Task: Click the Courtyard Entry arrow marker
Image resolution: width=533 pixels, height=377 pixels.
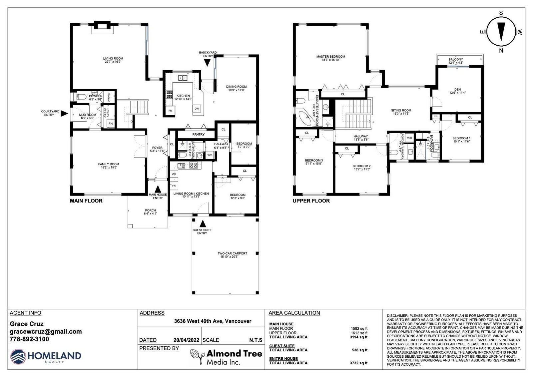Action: click(64, 114)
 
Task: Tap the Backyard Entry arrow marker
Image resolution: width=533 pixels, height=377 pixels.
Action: click(207, 63)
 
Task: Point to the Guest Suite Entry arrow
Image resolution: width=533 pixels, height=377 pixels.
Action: click(203, 223)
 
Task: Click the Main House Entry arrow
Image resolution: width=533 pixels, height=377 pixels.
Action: click(158, 189)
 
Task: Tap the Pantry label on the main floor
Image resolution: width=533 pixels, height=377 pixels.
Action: click(199, 135)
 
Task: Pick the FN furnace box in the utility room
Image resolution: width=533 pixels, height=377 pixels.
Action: click(111, 124)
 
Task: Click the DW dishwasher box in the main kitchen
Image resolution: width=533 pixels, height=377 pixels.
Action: click(197, 109)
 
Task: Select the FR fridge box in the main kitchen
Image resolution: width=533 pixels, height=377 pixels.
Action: click(170, 111)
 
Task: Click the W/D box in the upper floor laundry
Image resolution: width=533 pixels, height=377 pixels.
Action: click(409, 138)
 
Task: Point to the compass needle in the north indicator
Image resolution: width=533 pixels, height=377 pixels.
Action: click(501, 32)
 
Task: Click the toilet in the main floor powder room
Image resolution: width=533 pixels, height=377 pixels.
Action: click(81, 97)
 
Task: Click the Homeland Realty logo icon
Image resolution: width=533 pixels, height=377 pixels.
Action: click(18, 357)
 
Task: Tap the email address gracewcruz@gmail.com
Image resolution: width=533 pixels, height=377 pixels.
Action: click(46, 332)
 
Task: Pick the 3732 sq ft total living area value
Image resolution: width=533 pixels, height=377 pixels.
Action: click(358, 363)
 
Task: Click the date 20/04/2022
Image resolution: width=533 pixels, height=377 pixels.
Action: click(186, 340)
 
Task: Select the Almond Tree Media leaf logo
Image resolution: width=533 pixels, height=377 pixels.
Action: click(197, 356)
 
